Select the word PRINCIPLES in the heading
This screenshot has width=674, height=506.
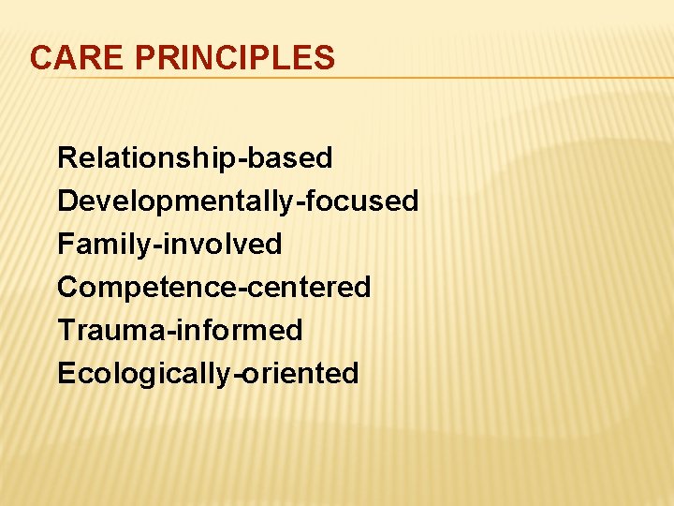click(234, 58)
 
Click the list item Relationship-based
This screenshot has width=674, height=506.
click(195, 158)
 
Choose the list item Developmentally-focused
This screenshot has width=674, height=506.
click(238, 201)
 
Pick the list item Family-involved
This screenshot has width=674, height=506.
click(169, 245)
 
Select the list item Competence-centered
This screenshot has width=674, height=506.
click(214, 287)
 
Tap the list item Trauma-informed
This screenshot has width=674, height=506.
click(180, 330)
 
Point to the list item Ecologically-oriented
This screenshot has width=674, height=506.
click(208, 373)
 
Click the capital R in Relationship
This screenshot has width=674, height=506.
click(66, 158)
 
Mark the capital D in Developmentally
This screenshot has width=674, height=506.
click(66, 201)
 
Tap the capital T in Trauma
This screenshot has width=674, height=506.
click(66, 330)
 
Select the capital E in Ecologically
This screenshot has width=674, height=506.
click(66, 373)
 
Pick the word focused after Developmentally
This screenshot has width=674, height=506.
click(363, 201)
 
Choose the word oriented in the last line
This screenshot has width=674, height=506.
click(301, 373)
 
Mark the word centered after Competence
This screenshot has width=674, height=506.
click(311, 287)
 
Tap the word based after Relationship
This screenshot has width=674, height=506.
click(293, 158)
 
